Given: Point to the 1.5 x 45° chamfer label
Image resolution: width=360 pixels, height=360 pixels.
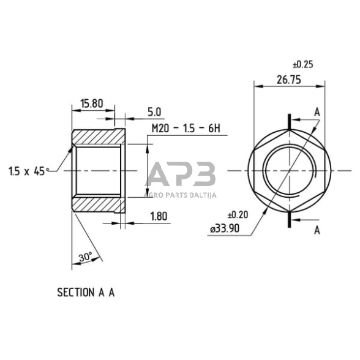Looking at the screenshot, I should point(28,172).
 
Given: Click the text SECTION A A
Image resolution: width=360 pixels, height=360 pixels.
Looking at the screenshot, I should point(86,292).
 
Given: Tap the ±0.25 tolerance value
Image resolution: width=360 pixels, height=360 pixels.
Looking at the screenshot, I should point(304,64).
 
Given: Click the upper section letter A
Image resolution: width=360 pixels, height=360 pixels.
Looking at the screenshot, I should point(317,112).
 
